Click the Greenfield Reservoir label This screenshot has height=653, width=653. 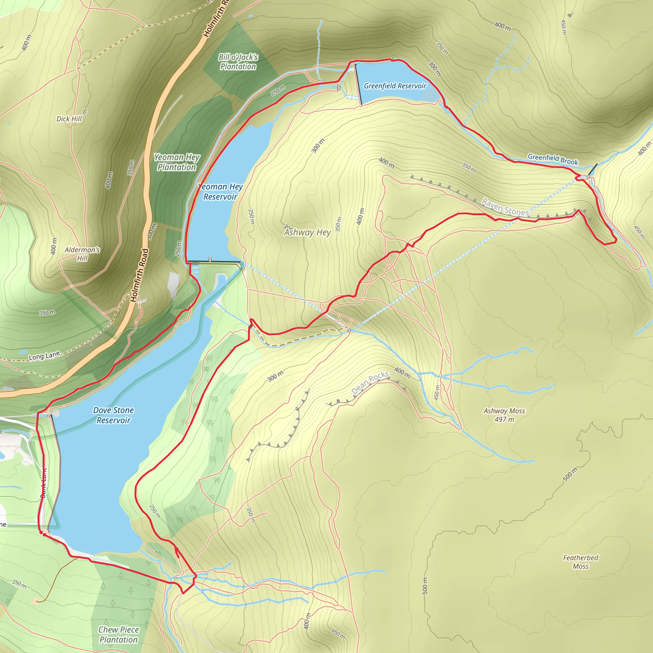coord(395,86)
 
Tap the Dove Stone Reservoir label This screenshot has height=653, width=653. coord(114,415)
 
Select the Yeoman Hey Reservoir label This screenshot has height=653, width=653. coord(220,192)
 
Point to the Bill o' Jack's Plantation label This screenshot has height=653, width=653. coord(238,62)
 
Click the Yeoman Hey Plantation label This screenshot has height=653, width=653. coord(177,162)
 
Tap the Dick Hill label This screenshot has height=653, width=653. coord(69,119)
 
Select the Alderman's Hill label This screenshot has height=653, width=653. coord(82,254)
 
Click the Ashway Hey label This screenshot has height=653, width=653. coord(307,232)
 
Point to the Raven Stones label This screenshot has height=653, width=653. coord(505,207)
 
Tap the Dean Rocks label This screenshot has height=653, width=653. coord(370,382)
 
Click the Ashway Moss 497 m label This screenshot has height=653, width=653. coord(504,415)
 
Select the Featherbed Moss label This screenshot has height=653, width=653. coord(580,562)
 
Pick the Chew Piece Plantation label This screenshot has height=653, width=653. coord(118,635)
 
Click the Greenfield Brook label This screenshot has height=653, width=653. coord(553,159)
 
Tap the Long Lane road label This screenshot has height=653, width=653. coord(44,356)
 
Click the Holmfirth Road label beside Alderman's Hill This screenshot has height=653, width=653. coord(139,275)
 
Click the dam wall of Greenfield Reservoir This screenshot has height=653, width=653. coord(358,84)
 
